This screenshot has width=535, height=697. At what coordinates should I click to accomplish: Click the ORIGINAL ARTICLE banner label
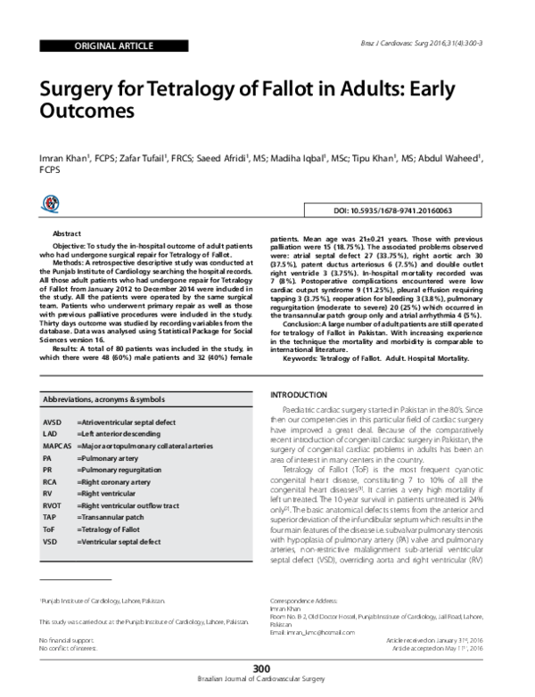click(90, 43)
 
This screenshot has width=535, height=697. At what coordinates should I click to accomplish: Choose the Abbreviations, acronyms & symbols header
click(105, 401)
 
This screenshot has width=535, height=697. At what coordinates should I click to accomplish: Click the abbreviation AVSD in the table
click(52, 420)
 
